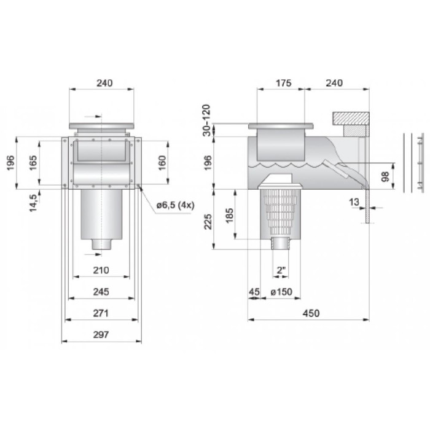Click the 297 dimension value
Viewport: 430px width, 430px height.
coord(101,335)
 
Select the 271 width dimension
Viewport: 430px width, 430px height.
coord(101,313)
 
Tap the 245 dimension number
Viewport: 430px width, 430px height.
coord(101,292)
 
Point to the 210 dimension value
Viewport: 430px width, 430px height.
coord(101,270)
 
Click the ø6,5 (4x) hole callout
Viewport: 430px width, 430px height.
coord(176,205)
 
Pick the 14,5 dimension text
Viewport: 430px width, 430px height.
coord(33,203)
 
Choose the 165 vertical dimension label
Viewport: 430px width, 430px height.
coord(33,163)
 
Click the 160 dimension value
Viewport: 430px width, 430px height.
coord(162,163)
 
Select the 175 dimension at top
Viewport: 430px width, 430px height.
coord(284,83)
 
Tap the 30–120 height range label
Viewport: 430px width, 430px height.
coord(206,120)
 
